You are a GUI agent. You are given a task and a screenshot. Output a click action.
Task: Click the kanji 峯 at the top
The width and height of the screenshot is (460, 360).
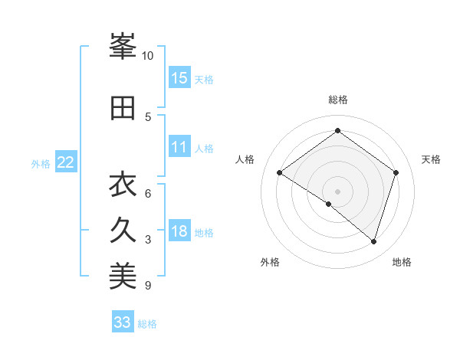(x=123, y=47)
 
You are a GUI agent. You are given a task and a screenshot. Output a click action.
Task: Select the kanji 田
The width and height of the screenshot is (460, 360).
(x=123, y=108)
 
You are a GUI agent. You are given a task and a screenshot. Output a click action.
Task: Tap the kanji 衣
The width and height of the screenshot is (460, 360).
(x=123, y=185)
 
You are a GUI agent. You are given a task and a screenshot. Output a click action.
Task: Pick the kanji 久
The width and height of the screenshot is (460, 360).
(x=123, y=231)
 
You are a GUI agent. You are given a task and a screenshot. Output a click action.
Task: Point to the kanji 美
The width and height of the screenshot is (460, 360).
(x=123, y=277)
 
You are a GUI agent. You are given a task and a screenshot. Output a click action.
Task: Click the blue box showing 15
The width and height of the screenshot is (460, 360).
(x=179, y=77)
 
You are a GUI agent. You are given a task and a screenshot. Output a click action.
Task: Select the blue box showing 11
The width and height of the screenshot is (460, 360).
(x=179, y=148)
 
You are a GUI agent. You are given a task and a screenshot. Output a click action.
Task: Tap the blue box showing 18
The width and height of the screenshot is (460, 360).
(x=179, y=231)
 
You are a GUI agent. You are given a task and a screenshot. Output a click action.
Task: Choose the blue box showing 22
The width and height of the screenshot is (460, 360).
(x=66, y=162)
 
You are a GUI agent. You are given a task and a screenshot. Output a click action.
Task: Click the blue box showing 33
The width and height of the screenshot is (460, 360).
(x=123, y=322)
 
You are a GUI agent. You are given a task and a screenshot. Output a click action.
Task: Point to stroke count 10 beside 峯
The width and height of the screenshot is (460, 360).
(x=148, y=56)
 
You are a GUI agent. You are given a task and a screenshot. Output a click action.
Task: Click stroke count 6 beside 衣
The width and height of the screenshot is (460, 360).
(x=148, y=193)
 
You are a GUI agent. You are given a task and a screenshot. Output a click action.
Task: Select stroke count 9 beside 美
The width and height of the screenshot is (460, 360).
(x=148, y=286)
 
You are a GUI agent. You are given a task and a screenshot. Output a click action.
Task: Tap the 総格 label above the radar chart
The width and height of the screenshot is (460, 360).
(x=337, y=100)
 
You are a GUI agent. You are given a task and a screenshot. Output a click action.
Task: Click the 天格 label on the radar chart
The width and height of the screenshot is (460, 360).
(x=432, y=159)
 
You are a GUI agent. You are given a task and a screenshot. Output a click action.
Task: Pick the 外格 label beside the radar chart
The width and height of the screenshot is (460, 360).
(x=269, y=262)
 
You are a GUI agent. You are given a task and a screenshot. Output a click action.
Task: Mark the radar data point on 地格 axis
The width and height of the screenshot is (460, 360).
(x=373, y=241)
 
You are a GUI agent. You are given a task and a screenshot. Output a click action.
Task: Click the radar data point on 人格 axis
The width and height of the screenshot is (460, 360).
(x=280, y=172)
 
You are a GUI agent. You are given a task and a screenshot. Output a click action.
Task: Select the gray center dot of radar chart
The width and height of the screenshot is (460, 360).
(x=337, y=191)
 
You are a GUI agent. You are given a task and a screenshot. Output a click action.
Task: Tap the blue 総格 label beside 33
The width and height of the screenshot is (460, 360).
(x=147, y=324)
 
